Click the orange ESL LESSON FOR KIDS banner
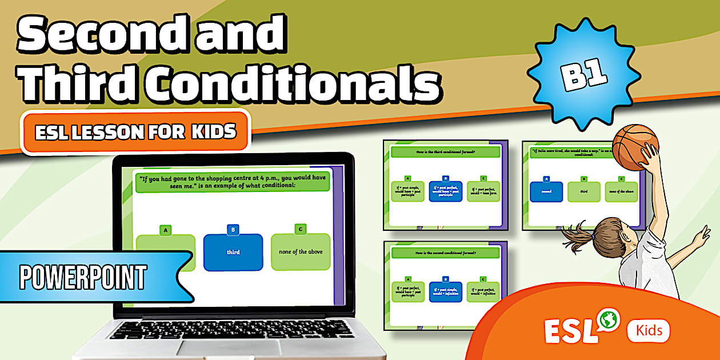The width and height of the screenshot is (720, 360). click(x=135, y=132)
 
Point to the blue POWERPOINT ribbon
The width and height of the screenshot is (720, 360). click(x=86, y=277)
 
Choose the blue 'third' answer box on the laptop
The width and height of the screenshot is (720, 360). click(x=233, y=252)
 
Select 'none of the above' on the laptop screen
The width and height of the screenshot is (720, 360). click(x=301, y=252)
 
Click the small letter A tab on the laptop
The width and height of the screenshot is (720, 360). click(x=166, y=230)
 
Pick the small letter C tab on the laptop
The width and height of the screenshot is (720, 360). click(x=301, y=229)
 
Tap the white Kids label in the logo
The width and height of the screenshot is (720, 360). click(x=649, y=330)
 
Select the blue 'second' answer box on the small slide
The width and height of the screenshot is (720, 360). click(x=546, y=191)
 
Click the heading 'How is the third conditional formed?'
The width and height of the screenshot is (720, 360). click(x=445, y=151)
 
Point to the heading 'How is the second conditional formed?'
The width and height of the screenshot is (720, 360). click(x=445, y=253)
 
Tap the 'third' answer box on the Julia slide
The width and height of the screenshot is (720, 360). click(x=584, y=191)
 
